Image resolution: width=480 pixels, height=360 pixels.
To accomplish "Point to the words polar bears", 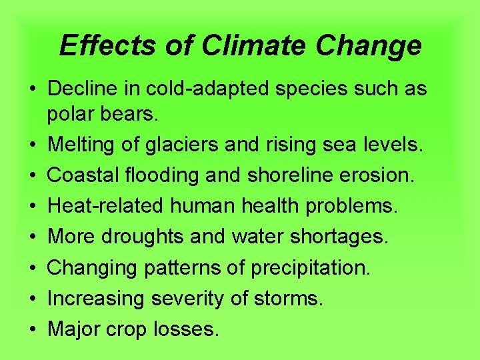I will (103, 115).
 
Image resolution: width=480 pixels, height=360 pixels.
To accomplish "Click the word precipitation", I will (313, 267).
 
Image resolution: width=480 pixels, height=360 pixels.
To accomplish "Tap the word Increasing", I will (96, 298).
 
